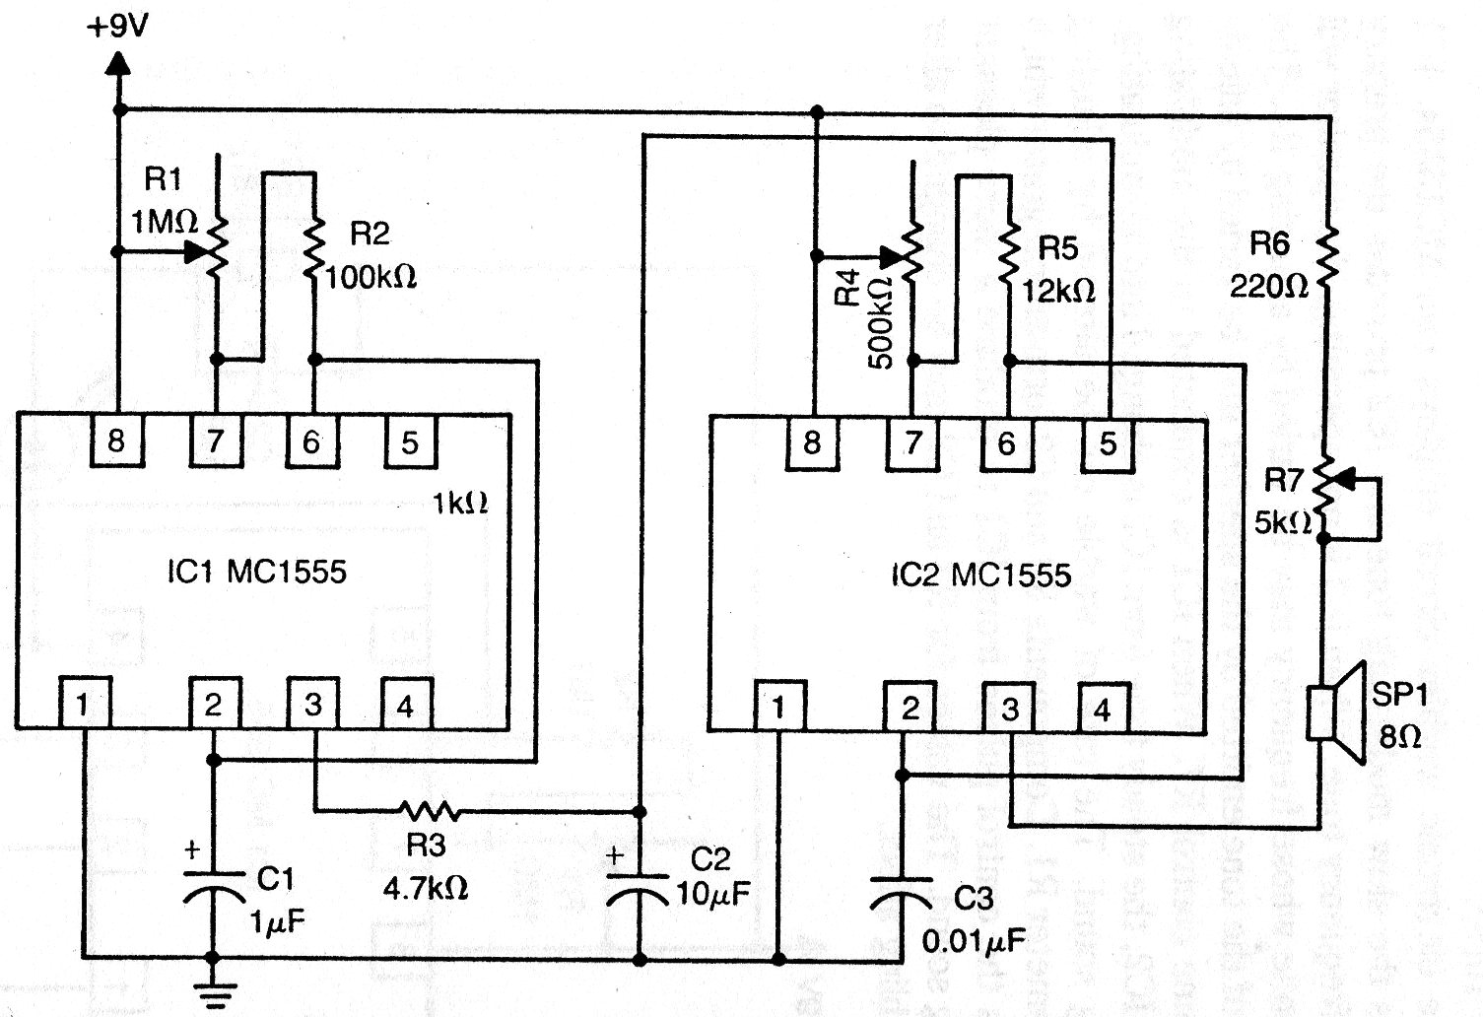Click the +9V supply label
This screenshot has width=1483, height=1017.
[117, 28]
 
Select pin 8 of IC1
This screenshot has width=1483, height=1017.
[116, 441]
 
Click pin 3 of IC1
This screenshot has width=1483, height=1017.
[312, 704]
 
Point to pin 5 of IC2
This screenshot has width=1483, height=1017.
[1108, 444]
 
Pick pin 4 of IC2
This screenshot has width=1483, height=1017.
[1103, 710]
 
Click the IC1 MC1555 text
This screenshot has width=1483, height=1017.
[256, 572]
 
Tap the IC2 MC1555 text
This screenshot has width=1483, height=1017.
[980, 575]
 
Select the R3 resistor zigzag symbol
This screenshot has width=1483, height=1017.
[429, 810]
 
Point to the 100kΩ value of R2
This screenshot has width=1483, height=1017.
[371, 278]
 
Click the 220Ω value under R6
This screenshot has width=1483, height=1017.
[1268, 287]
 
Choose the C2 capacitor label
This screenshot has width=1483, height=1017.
[709, 858]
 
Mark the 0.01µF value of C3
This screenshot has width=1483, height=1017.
[974, 940]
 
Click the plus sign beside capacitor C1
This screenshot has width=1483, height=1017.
[192, 849]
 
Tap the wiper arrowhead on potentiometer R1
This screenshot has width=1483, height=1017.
[197, 251]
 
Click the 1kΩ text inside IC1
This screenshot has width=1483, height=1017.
[460, 504]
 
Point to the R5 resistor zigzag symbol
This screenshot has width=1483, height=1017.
[1008, 253]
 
